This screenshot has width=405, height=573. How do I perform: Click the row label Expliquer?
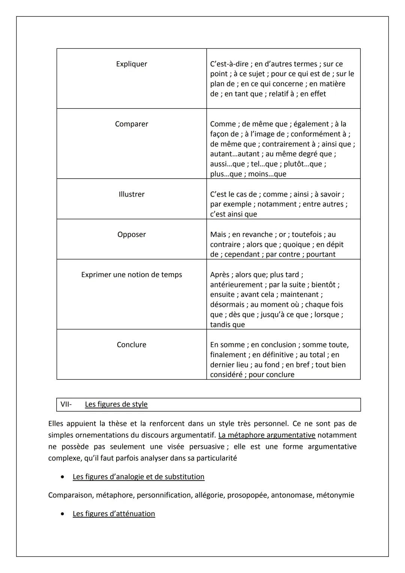point(131,64)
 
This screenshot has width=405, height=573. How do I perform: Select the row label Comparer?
point(131,124)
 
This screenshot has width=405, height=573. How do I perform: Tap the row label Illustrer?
point(131,194)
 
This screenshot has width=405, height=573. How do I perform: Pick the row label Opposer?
point(131,234)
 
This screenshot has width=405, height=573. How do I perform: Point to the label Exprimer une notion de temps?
point(131,274)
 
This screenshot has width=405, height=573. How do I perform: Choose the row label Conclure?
point(131,344)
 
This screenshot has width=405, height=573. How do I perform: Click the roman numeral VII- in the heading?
point(66,404)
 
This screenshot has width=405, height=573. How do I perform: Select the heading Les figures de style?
point(116,404)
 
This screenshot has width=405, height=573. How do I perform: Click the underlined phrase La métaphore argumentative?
point(267,435)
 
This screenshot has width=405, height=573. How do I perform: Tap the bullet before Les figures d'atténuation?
point(62,514)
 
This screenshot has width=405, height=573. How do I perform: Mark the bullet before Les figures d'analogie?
point(62,477)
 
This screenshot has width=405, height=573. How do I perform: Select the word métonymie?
point(335,495)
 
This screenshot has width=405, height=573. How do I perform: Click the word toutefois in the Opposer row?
point(306,234)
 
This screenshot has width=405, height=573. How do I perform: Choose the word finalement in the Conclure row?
point(228,355)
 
